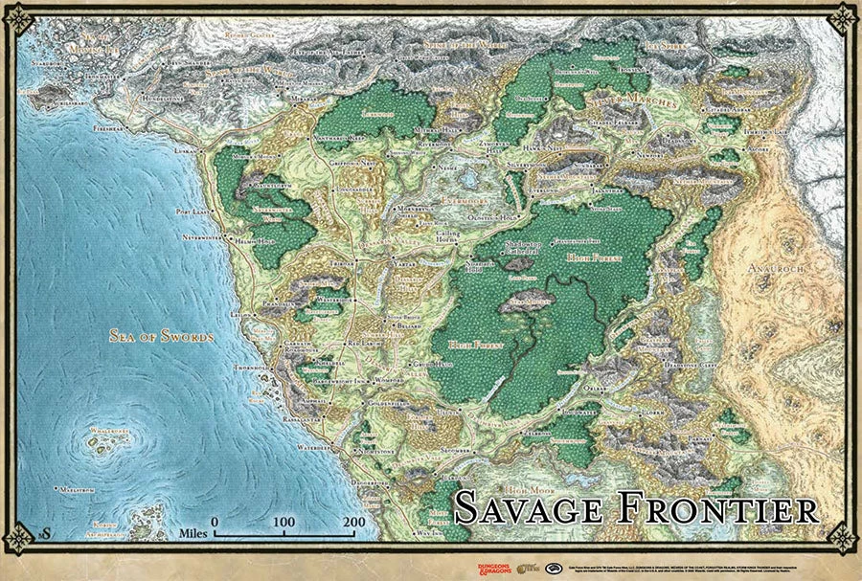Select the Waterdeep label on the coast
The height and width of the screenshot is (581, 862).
coord(312,447)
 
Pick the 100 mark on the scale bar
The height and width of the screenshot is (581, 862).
coord(284,522)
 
